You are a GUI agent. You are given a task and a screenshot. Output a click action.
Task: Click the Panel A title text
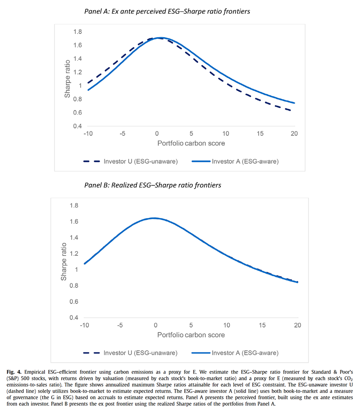(167, 11)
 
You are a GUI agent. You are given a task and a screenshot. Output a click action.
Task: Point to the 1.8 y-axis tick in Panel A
(77, 32)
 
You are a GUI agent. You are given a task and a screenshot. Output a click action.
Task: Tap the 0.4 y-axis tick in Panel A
(77, 126)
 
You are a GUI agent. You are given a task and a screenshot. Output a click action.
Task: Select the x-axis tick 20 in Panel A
(294, 134)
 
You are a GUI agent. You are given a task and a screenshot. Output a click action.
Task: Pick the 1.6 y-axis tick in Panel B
(74, 222)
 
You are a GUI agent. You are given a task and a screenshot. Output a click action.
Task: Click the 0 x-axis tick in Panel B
(155, 325)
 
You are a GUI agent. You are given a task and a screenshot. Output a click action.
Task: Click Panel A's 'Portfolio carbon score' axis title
(191, 144)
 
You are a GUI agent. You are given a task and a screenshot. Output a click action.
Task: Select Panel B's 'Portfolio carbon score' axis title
(191, 335)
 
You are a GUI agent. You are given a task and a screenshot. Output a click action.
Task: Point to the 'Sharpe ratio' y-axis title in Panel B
(64, 261)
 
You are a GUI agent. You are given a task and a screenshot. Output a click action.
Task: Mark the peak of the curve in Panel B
(154, 218)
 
